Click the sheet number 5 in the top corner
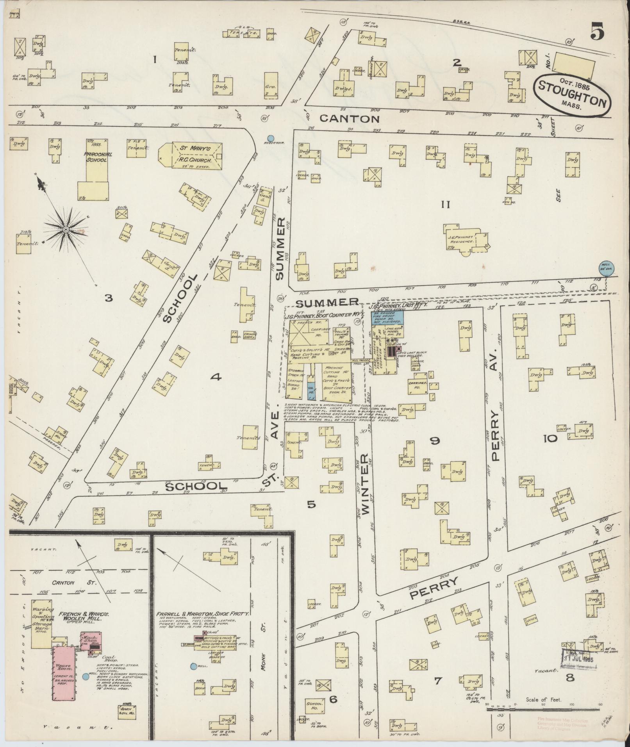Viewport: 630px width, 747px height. (x=597, y=31)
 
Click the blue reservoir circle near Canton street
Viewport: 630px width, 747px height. (x=270, y=138)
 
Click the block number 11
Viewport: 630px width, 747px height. (x=446, y=204)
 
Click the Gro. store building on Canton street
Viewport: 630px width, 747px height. (x=271, y=85)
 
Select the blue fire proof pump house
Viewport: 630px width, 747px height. (x=387, y=317)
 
